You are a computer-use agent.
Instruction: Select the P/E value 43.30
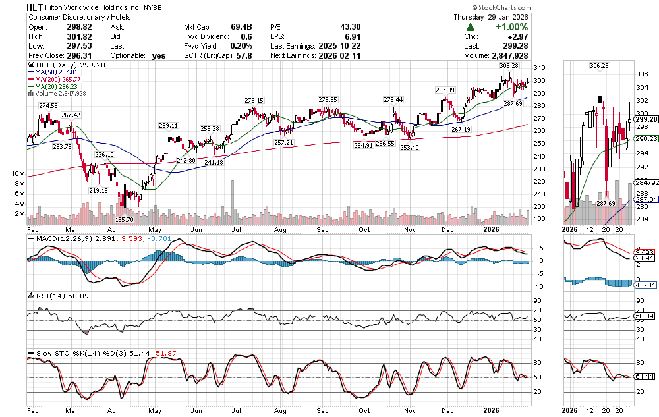point(348,27)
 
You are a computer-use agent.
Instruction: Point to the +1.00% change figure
point(511,27)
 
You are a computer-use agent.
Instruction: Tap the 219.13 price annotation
point(99,190)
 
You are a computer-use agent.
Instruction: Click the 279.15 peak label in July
point(254,100)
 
